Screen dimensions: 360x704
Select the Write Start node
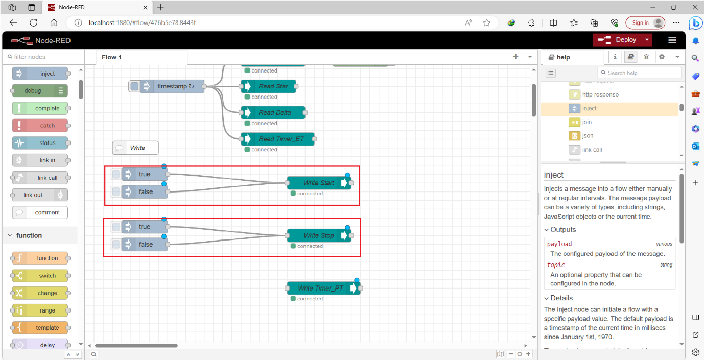[318, 183]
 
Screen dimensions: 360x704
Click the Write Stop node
[318, 235]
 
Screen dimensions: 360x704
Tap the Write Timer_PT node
[320, 289]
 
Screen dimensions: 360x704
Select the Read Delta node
[274, 112]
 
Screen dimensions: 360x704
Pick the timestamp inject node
[171, 86]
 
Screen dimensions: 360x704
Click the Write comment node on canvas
[136, 148]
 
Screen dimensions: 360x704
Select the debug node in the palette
[39, 91]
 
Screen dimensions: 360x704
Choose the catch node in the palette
[40, 126]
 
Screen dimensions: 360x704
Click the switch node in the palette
[40, 276]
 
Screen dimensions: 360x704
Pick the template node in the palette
[40, 328]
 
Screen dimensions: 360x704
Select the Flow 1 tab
[111, 57]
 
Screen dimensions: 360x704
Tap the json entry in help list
[588, 136]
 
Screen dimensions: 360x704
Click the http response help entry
[600, 94]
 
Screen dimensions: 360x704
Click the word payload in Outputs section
[559, 244]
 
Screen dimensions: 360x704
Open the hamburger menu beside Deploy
[672, 40]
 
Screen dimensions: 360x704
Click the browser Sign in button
[640, 22]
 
